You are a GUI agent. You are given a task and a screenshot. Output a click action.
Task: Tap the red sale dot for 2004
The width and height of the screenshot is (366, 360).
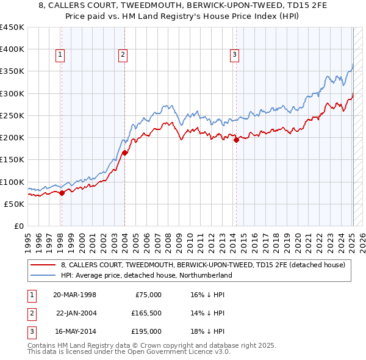(x=124, y=153)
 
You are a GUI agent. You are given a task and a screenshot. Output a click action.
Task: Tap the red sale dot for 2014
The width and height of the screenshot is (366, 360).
(x=235, y=140)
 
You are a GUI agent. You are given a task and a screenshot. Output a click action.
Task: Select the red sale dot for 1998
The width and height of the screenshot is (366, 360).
(x=62, y=193)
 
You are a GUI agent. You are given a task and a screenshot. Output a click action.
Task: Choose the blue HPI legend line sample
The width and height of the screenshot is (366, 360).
(x=43, y=275)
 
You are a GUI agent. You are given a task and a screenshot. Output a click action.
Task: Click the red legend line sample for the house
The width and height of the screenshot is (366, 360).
(x=43, y=265)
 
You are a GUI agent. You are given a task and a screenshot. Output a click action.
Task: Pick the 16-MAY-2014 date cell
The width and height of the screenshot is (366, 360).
(x=74, y=331)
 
